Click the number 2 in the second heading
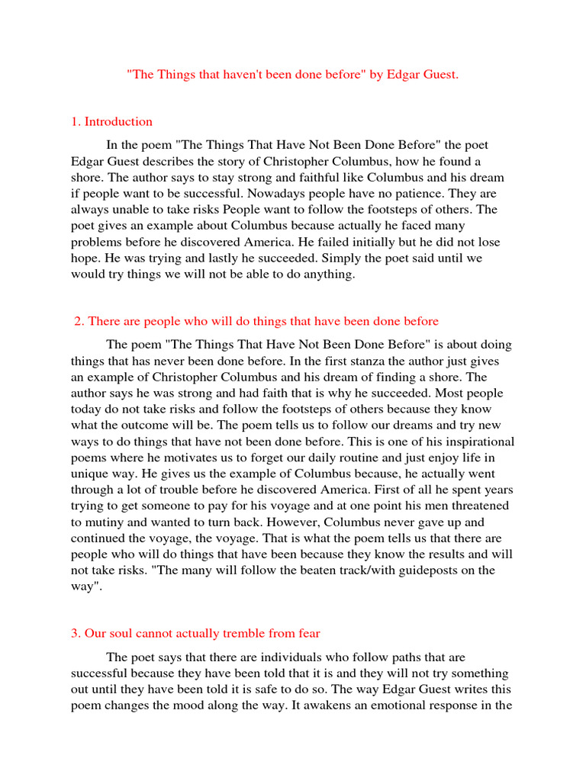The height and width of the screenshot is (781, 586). pyautogui.click(x=78, y=321)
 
